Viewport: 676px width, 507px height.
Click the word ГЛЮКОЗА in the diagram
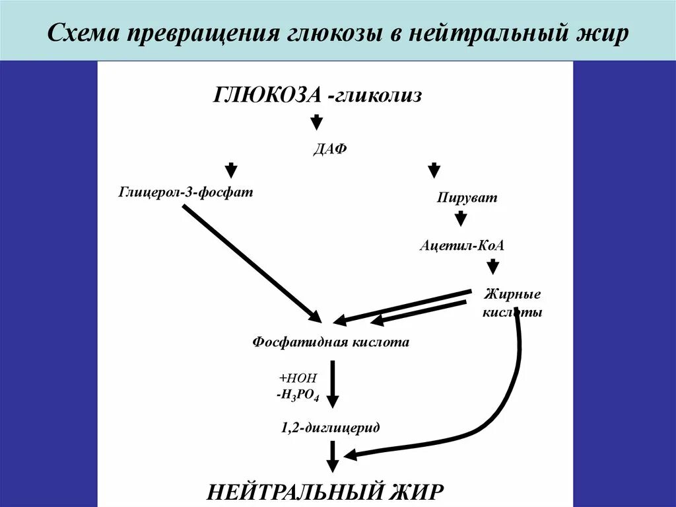[x=267, y=95]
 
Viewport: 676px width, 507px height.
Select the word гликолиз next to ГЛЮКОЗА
[x=377, y=95]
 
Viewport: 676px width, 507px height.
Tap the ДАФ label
[x=329, y=149]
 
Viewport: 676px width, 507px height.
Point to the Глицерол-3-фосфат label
[x=186, y=192]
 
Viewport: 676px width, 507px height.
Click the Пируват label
[x=467, y=197]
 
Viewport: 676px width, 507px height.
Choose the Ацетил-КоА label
[x=462, y=245]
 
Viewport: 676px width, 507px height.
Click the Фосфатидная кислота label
[x=331, y=342]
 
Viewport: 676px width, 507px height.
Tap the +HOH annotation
[x=298, y=378]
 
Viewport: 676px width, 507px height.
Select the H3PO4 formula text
[x=298, y=396]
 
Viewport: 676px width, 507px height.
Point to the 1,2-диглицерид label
[x=330, y=428]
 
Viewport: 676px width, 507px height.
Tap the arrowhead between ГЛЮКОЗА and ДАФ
[x=317, y=122]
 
